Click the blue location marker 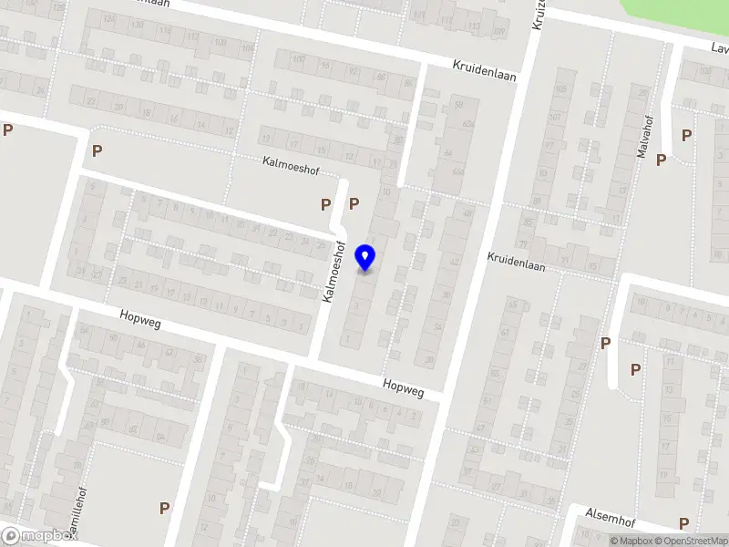366,258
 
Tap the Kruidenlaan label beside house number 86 485,70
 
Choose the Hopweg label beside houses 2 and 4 404,388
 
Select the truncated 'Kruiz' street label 538,14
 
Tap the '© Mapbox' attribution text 631,541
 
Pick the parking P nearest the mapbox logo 165,508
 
